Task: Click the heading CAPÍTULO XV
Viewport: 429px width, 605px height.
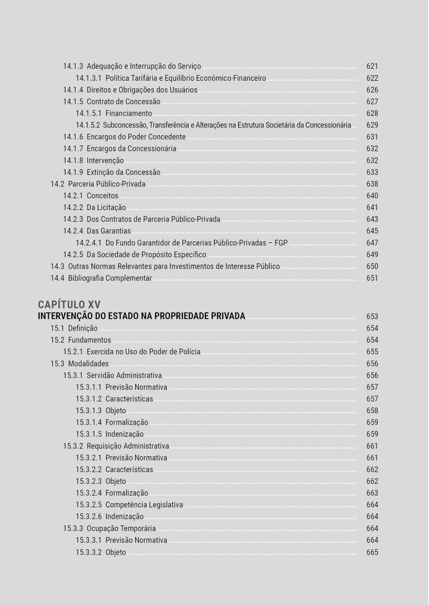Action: pyautogui.click(x=69, y=304)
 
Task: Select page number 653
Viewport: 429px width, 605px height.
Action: pyautogui.click(x=372, y=317)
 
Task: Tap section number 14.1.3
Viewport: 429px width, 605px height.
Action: pyautogui.click(x=73, y=66)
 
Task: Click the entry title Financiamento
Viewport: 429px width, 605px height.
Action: pyautogui.click(x=129, y=114)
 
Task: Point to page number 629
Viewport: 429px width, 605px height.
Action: pyautogui.click(x=372, y=125)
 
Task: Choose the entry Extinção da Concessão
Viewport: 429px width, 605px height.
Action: pyautogui.click(x=123, y=173)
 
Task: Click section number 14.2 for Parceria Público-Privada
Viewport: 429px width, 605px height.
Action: pyautogui.click(x=57, y=184)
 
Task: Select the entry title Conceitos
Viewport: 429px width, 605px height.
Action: pyautogui.click(x=102, y=196)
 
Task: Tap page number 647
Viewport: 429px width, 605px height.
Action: pyautogui.click(x=372, y=243)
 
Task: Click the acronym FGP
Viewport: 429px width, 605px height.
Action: pyautogui.click(x=280, y=243)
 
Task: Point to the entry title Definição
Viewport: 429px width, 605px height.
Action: pyautogui.click(x=83, y=328)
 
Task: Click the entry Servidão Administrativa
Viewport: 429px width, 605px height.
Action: pyautogui.click(x=124, y=376)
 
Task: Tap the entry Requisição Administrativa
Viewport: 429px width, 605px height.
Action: pyautogui.click(x=128, y=446)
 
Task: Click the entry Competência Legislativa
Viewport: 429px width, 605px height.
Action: pyautogui.click(x=144, y=505)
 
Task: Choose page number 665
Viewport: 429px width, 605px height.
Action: pyautogui.click(x=372, y=552)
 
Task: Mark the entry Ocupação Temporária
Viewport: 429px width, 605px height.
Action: pyautogui.click(x=121, y=529)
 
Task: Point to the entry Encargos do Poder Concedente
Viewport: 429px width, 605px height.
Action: pyautogui.click(x=136, y=137)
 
